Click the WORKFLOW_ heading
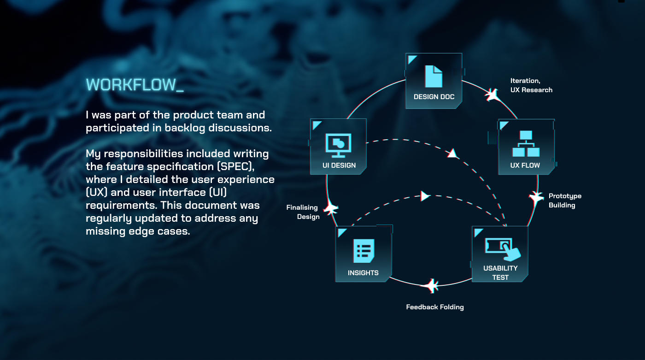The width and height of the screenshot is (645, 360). pyautogui.click(x=135, y=85)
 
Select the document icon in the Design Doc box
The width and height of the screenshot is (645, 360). pyautogui.click(x=434, y=77)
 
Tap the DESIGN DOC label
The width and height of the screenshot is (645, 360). pyautogui.click(x=434, y=97)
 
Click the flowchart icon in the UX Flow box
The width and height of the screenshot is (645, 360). pyautogui.click(x=526, y=143)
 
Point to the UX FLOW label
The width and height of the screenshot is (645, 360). pyautogui.click(x=525, y=165)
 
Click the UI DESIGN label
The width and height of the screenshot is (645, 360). pyautogui.click(x=339, y=165)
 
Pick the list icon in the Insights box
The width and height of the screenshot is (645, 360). pyautogui.click(x=364, y=251)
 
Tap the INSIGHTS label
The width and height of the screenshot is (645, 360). pyautogui.click(x=363, y=273)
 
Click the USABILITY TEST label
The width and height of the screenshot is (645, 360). pyautogui.click(x=500, y=272)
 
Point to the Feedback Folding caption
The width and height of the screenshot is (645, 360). pyautogui.click(x=435, y=307)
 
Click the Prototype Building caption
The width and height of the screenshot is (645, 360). pyautogui.click(x=565, y=201)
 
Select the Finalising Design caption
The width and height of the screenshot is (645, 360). pyautogui.click(x=303, y=212)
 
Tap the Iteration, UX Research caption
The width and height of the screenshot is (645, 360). pyautogui.click(x=531, y=85)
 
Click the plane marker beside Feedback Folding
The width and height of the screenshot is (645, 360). pyautogui.click(x=430, y=285)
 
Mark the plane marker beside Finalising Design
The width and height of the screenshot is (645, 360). pyautogui.click(x=331, y=208)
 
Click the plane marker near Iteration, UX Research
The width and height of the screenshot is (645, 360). pyautogui.click(x=493, y=94)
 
